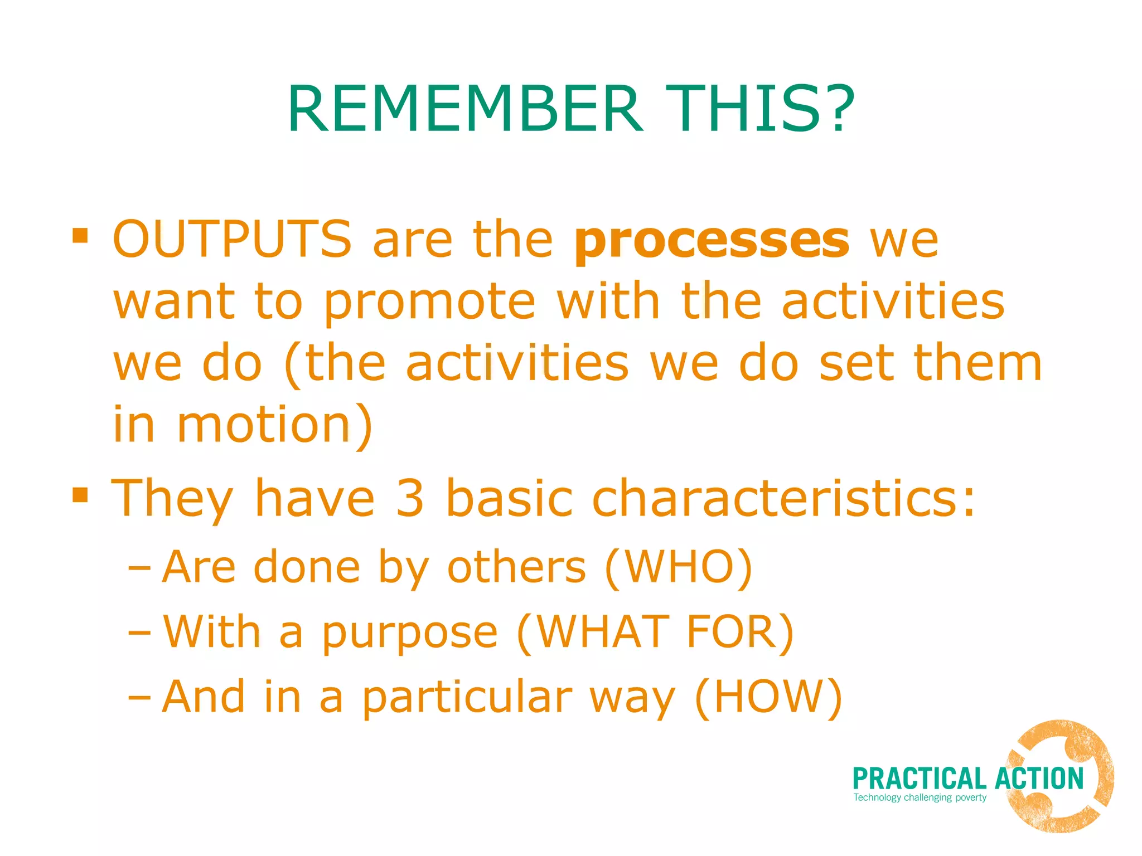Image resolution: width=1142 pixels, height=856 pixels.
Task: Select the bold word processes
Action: point(712,241)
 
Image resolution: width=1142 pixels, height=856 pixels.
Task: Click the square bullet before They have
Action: point(80,494)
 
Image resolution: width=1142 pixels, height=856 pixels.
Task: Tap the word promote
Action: point(429,303)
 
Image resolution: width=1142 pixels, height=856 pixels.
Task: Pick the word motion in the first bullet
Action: point(264,425)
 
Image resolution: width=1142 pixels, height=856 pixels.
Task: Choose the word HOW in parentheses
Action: point(768,697)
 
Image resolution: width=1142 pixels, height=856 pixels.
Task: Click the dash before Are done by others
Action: point(139,569)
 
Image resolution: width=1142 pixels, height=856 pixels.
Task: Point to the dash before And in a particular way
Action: point(139,698)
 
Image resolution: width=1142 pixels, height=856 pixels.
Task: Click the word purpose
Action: point(410,634)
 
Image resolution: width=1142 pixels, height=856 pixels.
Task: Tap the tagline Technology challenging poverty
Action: point(920,797)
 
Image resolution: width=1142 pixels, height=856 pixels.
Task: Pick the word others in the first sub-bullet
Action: point(516,567)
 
